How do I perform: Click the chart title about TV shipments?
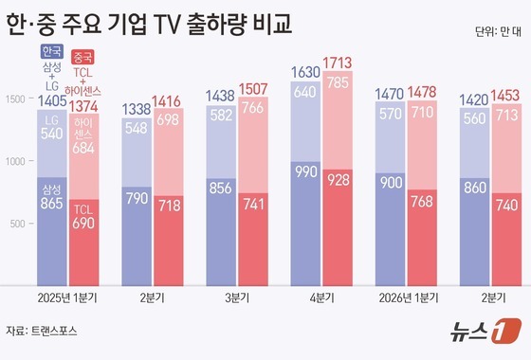coord(150,25)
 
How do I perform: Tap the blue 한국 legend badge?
coord(52,51)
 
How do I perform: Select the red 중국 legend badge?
coord(83,57)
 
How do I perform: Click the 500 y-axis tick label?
coord(17,224)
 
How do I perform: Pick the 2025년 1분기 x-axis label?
coord(67,297)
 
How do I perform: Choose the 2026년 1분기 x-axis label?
coord(409,297)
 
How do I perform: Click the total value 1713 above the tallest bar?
coord(338,63)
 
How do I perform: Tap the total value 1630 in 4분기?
coord(305,72)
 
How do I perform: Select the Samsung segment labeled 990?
coord(305,224)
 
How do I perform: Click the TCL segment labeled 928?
coord(338,227)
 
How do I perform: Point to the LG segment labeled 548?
coord(137,153)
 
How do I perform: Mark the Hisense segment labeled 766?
coord(253,145)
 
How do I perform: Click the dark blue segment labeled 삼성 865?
coord(52,231)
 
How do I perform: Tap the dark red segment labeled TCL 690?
coord(84,243)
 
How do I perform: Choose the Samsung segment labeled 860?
coord(474,232)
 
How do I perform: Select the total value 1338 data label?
coord(137,109)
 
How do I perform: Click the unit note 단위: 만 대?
coord(498,32)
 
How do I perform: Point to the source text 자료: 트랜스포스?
coord(42,331)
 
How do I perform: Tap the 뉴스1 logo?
coord(485,331)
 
